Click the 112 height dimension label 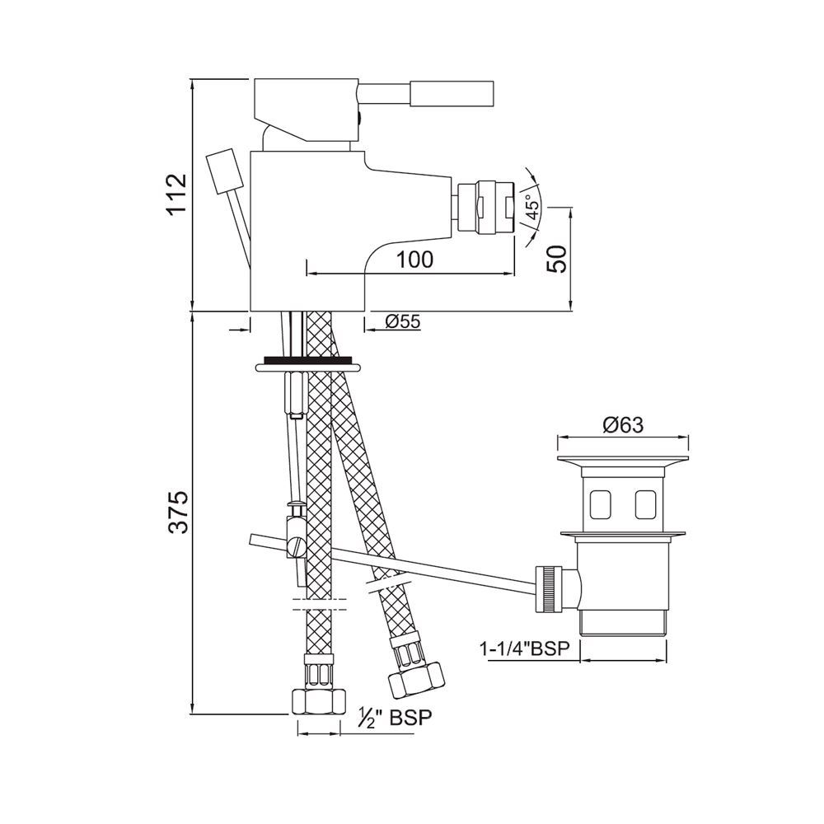(176, 195)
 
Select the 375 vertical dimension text (176, 513)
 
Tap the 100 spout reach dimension (414, 260)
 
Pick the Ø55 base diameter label (403, 322)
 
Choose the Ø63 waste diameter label (623, 425)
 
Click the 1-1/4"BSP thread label (525, 649)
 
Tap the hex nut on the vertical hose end (317, 700)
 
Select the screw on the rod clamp (295, 545)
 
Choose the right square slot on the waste (645, 501)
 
